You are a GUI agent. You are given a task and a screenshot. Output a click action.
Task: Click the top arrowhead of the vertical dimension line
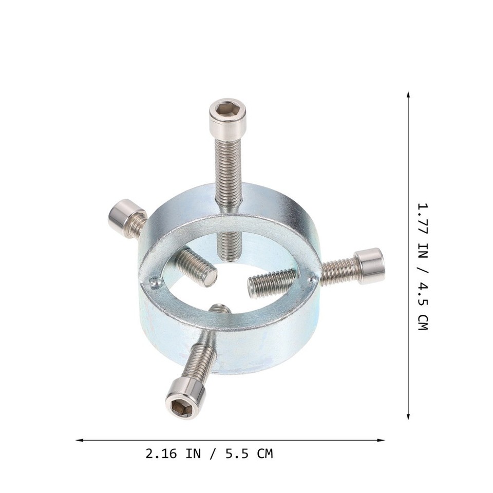point(408,96)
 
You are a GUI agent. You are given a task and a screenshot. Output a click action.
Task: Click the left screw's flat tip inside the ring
point(210,278)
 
